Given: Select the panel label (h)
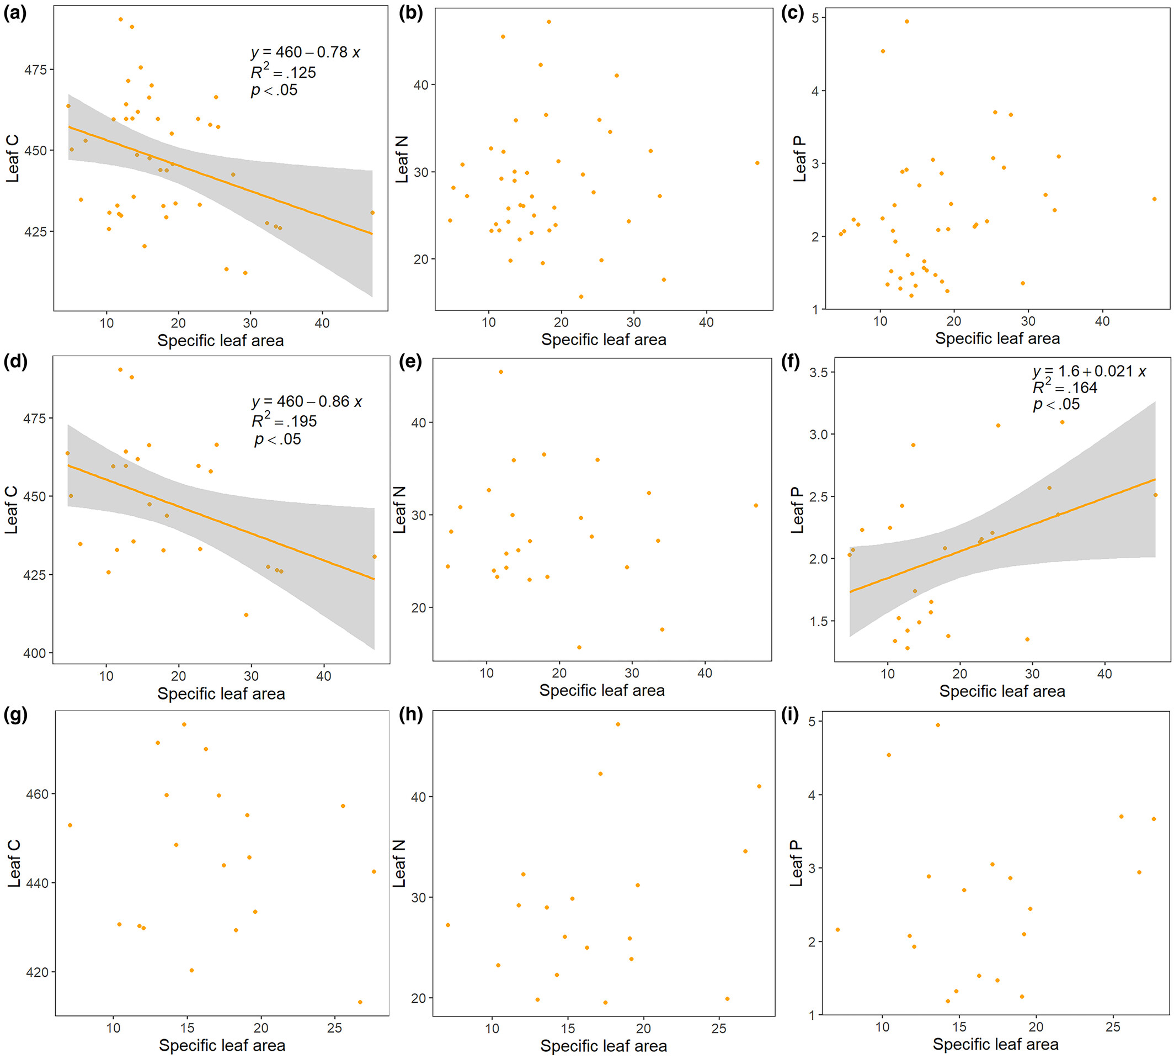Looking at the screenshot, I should point(410,715).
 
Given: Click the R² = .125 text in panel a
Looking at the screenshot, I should point(283,72).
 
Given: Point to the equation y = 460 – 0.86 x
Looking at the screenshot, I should point(306,401).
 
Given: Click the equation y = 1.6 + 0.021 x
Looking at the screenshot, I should point(1088,371).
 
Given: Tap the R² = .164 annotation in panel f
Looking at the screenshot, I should point(1064,388).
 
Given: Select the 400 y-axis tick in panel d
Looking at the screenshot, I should point(35,653).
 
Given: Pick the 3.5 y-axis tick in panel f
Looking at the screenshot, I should point(818,372).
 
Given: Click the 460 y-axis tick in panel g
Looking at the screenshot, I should point(36,793).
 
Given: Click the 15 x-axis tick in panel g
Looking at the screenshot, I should point(187,1028).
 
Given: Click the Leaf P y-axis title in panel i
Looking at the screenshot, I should point(796,863).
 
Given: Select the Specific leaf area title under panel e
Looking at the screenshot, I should point(601,690).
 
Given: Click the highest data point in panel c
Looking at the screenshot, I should point(906,22).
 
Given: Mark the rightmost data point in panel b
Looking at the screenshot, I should point(757,163).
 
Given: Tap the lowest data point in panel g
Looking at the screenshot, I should point(360,1002).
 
